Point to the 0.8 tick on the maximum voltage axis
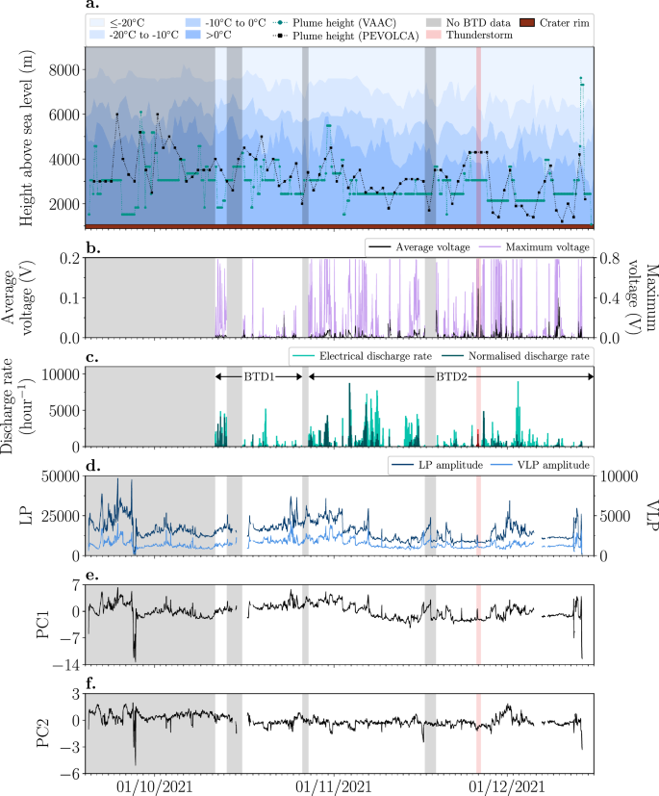(610, 259)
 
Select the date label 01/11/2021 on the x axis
(337, 785)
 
